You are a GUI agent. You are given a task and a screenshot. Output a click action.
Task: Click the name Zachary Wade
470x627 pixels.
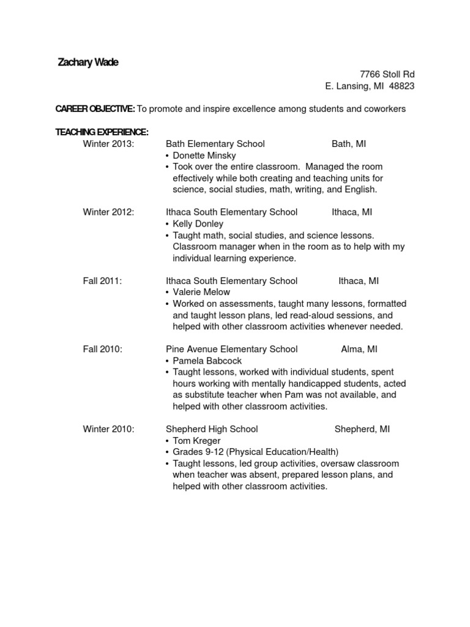88,62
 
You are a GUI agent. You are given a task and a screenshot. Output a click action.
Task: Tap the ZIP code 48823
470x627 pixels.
402,86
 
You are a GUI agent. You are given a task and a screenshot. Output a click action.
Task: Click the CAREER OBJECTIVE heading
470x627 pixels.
95,109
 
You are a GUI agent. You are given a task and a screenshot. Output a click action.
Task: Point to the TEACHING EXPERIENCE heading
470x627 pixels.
102,132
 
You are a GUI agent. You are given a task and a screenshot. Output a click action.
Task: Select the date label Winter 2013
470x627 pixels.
108,144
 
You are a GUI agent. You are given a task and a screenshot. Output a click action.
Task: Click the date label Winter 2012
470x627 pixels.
108,212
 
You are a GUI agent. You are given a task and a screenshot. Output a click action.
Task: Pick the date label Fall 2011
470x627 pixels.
102,281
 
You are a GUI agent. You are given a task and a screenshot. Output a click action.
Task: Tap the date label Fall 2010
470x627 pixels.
102,350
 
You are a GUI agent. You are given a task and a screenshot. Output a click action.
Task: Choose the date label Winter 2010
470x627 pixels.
108,429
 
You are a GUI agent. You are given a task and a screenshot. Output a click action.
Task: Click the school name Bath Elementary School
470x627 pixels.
215,144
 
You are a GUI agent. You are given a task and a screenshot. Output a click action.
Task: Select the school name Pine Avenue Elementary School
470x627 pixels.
231,350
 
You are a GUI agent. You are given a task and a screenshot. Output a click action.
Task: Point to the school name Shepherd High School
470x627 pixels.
212,429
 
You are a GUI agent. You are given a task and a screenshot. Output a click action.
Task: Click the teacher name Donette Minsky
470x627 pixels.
204,156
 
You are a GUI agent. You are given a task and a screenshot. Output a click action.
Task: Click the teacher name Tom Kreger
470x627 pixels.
196,441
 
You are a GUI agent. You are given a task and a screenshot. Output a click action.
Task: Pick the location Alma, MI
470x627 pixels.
359,350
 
